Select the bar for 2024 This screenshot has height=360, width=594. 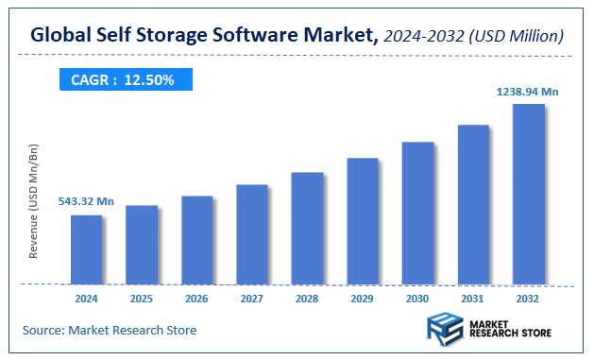pos(86,249)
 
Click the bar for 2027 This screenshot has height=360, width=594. pos(251,233)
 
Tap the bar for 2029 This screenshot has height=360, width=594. pos(362,220)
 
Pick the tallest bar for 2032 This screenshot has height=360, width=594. pos(528,193)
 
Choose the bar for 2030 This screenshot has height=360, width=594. pos(417,213)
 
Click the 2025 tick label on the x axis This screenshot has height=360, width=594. pos(142,298)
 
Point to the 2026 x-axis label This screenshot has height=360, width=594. pos(196,298)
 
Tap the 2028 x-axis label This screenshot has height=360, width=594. pos(307,298)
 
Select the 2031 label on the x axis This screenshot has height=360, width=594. pos(473,298)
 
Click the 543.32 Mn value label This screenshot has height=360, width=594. pos(86,201)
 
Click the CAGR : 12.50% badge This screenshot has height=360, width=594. pos(124,80)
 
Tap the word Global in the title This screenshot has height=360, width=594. pos(62,36)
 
